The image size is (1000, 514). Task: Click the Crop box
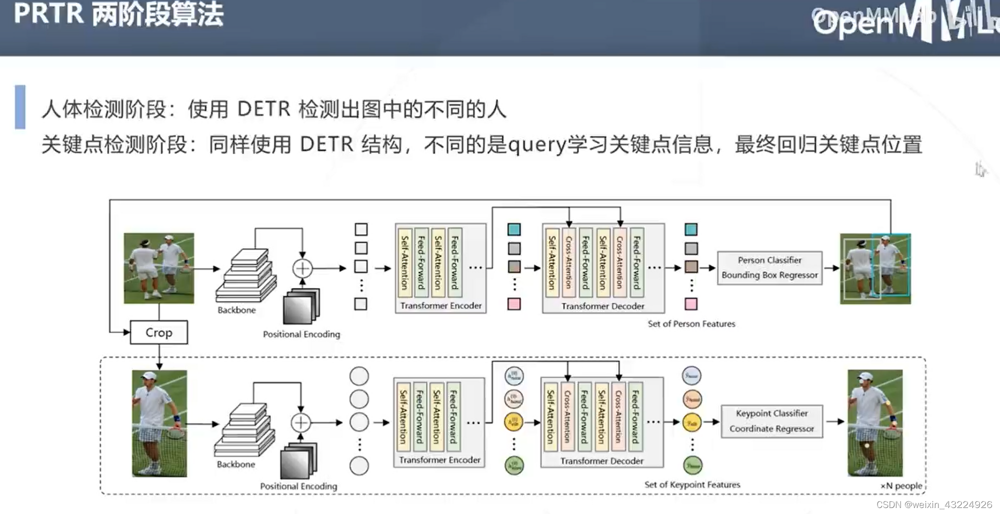tap(159, 332)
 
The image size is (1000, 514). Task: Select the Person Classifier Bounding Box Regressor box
tap(769, 268)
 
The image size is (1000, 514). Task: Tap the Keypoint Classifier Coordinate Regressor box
tap(771, 421)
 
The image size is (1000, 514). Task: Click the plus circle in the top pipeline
tap(302, 268)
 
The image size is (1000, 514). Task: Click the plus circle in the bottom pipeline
tap(301, 422)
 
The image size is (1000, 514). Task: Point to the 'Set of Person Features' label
tap(691, 324)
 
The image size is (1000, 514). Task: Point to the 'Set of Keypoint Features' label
tap(692, 484)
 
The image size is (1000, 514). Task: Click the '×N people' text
tap(901, 485)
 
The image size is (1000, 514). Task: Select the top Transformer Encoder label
tap(440, 305)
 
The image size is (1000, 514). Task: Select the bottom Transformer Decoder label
tap(601, 460)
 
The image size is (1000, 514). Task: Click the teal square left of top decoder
tap(514, 229)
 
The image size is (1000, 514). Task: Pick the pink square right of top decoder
tap(691, 303)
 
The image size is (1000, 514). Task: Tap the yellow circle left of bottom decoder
tap(513, 422)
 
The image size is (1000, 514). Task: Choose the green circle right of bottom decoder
tap(692, 465)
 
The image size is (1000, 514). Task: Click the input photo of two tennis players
tap(159, 268)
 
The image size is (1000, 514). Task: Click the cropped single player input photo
tap(159, 423)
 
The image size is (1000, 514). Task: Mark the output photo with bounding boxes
tap(875, 268)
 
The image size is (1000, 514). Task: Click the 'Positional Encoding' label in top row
tap(301, 334)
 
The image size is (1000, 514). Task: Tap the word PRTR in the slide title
tap(48, 13)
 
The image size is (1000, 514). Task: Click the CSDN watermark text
tap(934, 504)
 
